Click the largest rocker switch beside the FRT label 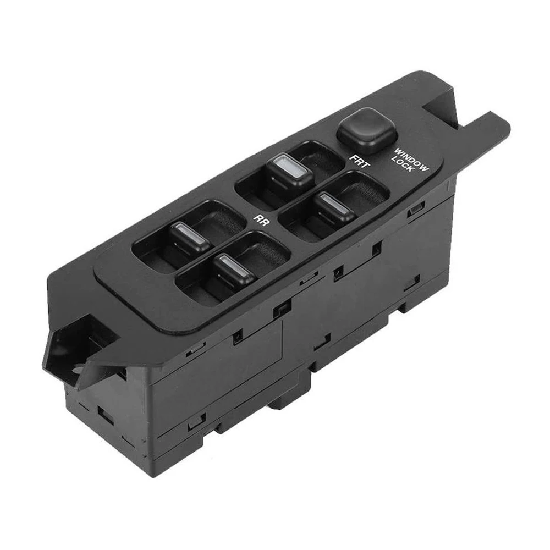290,173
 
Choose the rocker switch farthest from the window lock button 189,238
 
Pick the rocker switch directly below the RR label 234,271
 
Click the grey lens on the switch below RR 233,265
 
